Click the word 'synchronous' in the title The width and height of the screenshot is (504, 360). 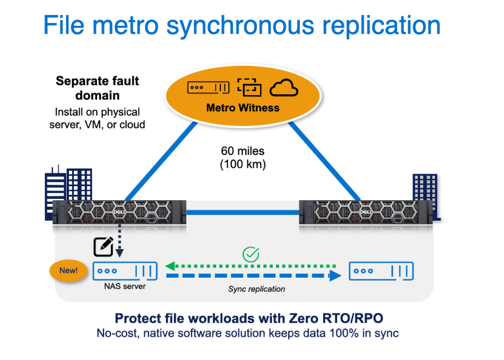[x=240, y=26]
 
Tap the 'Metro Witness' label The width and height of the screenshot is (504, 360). [x=243, y=108]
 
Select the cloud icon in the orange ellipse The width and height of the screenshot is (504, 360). [x=284, y=88]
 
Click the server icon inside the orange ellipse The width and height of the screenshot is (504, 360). [x=208, y=87]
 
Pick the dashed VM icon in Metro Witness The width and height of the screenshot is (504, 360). [x=249, y=87]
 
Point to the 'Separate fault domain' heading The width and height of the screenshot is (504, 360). [x=97, y=88]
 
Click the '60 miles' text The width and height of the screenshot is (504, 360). [x=243, y=151]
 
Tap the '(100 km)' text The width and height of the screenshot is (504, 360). [x=243, y=164]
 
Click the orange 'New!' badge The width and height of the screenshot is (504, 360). [x=68, y=271]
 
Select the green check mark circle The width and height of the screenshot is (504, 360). [x=251, y=255]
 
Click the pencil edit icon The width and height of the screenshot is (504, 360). [x=103, y=246]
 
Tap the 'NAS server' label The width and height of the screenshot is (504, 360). [x=125, y=286]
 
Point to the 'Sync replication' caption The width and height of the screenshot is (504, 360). [x=256, y=289]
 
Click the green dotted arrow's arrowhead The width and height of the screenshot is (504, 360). [x=170, y=266]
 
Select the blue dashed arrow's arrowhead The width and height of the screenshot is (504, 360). [x=335, y=276]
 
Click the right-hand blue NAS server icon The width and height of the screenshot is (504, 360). [x=381, y=271]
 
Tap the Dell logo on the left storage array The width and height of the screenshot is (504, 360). [x=119, y=212]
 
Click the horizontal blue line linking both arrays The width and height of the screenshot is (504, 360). [x=243, y=212]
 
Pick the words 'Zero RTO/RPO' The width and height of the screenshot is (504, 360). [x=336, y=318]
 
